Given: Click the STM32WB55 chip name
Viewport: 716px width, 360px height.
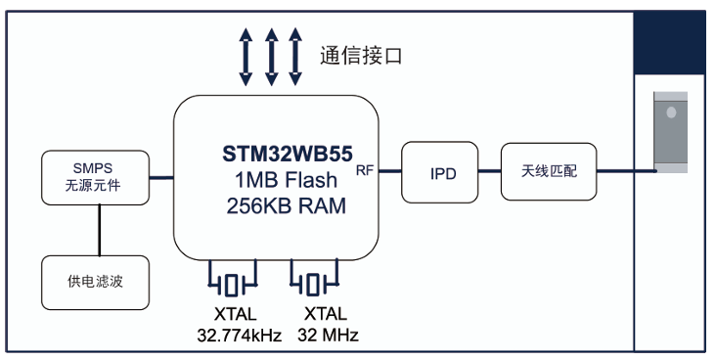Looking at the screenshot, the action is pyautogui.click(x=288, y=154).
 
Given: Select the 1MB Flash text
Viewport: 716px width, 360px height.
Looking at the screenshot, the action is pyautogui.click(x=287, y=180).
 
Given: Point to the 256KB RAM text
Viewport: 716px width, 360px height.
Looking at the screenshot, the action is pyautogui.click(x=287, y=206).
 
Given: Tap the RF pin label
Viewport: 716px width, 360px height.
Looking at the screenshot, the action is pyautogui.click(x=365, y=170).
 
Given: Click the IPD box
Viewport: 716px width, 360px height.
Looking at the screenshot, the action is pyautogui.click(x=440, y=172).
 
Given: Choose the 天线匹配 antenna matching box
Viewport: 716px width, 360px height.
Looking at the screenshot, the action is pyautogui.click(x=549, y=172).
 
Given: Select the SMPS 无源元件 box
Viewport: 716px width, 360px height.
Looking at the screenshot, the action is pyautogui.click(x=96, y=178).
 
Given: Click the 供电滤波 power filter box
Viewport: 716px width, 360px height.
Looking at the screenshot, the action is pyautogui.click(x=96, y=283).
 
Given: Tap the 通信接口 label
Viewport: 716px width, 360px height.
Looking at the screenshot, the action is pyautogui.click(x=361, y=56).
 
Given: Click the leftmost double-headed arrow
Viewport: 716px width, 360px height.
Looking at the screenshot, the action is pyautogui.click(x=246, y=57).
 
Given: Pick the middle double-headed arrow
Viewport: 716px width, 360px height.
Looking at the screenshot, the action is pyautogui.click(x=272, y=57).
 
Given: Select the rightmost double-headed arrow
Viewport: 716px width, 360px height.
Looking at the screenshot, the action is pyautogui.click(x=295, y=57).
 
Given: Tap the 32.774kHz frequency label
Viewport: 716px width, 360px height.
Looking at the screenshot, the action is pyautogui.click(x=240, y=336).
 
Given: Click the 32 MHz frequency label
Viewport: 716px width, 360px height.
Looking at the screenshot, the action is pyautogui.click(x=328, y=335).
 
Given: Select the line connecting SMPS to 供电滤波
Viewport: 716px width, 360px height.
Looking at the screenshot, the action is pyautogui.click(x=99, y=230).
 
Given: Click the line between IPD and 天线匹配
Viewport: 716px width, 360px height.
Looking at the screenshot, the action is pyautogui.click(x=489, y=171).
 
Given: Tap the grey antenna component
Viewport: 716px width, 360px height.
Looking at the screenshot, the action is pyautogui.click(x=670, y=132).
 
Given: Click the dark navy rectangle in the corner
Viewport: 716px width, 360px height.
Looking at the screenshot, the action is pyautogui.click(x=669, y=43).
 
